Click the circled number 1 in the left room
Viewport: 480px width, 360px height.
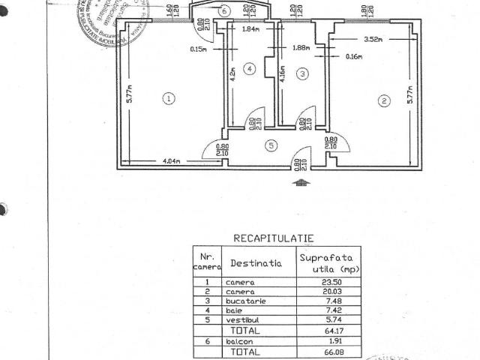point(170,97)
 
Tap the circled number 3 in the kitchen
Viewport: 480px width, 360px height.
point(302,73)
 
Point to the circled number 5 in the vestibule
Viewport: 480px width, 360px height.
point(271,145)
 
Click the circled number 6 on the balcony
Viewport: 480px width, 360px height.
point(223,10)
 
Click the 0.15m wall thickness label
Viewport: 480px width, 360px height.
point(199,49)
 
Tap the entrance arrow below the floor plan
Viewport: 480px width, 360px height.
point(301,181)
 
